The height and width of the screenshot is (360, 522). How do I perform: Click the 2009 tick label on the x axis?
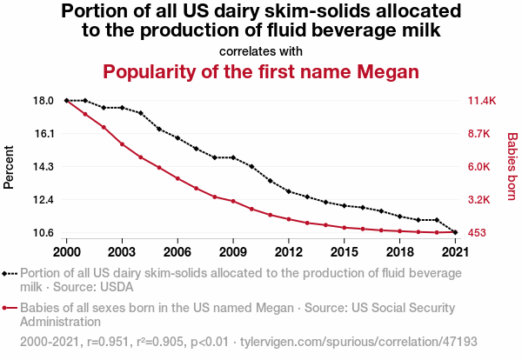click(233, 252)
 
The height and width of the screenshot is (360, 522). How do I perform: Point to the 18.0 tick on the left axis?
click(43, 101)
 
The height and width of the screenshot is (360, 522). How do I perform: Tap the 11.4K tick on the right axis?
click(482, 101)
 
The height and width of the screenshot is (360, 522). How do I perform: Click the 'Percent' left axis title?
click(10, 167)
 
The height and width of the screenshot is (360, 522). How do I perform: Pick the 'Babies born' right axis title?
click(512, 167)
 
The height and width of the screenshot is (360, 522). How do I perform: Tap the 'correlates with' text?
click(261, 50)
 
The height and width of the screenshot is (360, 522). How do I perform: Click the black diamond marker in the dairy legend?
click(10, 273)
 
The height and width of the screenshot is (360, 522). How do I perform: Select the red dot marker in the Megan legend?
click(10, 307)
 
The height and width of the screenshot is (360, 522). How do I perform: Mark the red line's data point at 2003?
click(123, 144)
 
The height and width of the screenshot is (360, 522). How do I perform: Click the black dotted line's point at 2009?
click(233, 157)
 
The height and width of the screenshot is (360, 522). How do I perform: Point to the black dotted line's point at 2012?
click(289, 191)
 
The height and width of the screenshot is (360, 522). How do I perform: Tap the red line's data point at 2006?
click(177, 178)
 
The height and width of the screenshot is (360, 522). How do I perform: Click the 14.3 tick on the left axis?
click(43, 167)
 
